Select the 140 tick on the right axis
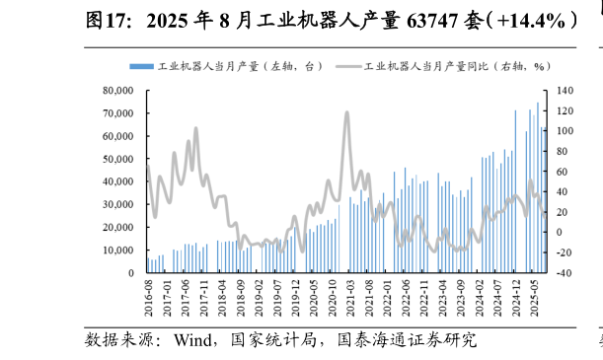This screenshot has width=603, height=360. [x=564, y=91]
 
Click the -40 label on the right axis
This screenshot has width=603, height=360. [x=564, y=273]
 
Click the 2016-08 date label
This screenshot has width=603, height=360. [x=148, y=295]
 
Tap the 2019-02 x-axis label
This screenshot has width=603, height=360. [x=261, y=295]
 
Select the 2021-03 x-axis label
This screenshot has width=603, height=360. [x=349, y=295]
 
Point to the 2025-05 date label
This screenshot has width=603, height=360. [x=534, y=295]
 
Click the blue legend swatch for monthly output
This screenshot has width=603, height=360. [x=141, y=66]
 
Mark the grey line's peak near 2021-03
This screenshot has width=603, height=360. [x=346, y=112]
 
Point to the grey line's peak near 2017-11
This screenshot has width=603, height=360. [x=195, y=128]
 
